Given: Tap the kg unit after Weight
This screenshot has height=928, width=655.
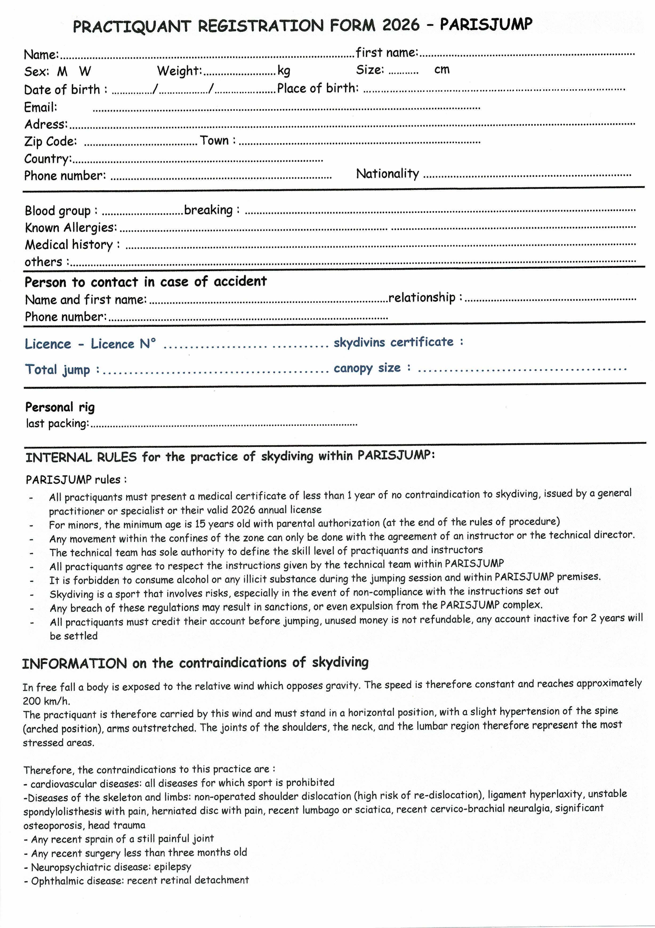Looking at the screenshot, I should [284, 71].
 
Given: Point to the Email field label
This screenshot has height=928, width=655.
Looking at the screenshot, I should [41, 107].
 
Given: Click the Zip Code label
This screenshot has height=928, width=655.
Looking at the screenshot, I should [50, 141].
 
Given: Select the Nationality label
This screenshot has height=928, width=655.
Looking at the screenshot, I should [387, 174].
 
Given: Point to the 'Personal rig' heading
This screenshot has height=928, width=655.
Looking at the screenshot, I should [60, 407].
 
